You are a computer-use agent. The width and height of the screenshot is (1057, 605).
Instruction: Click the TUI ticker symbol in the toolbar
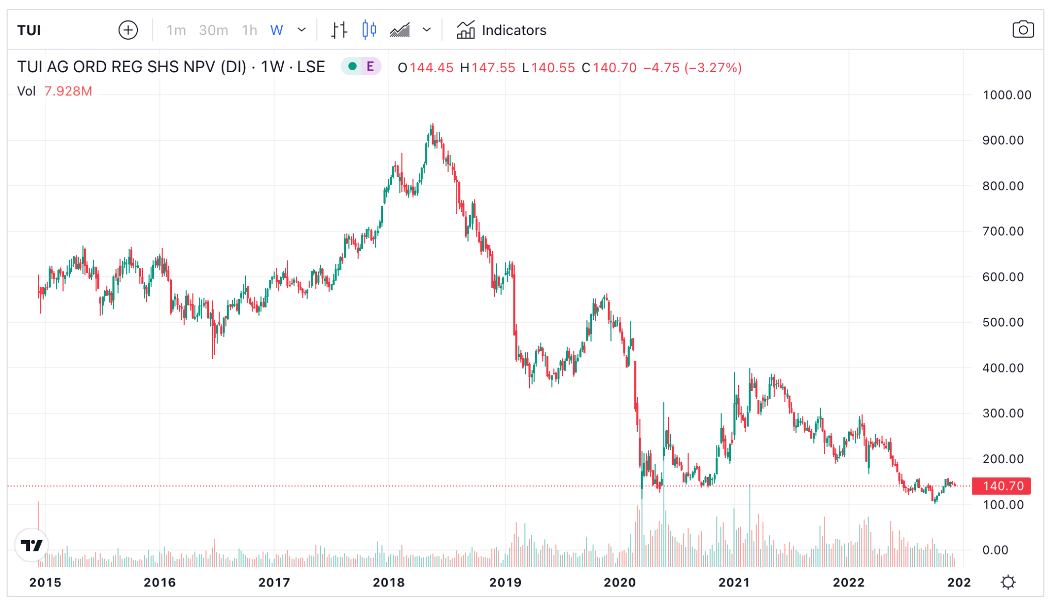(29, 30)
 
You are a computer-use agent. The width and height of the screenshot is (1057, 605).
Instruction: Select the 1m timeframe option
(176, 30)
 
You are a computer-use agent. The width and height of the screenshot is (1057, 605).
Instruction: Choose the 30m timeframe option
(213, 30)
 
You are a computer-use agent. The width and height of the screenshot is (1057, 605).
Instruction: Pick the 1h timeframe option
(249, 30)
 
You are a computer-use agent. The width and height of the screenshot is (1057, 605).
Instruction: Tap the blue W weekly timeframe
(277, 30)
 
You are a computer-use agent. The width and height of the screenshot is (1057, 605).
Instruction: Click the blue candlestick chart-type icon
(369, 30)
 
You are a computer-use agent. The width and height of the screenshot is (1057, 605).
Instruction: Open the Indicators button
(502, 30)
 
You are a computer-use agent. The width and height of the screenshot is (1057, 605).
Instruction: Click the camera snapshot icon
(1022, 30)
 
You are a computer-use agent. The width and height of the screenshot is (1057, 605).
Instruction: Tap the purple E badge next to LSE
(370, 67)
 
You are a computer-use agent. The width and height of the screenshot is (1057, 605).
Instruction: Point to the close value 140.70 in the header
(614, 68)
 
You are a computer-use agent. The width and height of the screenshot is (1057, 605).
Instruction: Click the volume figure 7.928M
(68, 91)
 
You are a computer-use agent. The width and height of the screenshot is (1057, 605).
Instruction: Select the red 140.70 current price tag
(1001, 486)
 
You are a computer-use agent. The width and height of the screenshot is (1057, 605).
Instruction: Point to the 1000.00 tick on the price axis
(1006, 95)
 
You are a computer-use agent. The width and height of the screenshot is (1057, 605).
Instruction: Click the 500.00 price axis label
(1003, 322)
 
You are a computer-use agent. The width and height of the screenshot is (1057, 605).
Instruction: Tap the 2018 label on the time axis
(389, 582)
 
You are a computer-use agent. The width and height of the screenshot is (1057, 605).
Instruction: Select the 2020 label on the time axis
(619, 582)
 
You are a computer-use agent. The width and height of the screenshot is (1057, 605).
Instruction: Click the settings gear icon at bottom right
(1007, 582)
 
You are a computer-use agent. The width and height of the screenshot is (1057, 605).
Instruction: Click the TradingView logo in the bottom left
(32, 545)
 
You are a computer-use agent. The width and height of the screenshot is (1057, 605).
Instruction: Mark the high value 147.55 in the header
(492, 68)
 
